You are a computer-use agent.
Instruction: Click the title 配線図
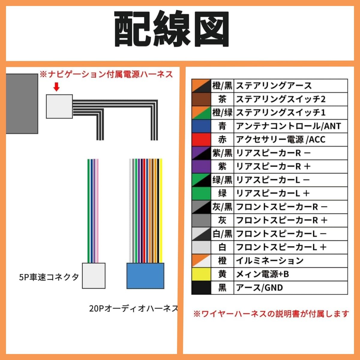pyautogui.click(x=172, y=29)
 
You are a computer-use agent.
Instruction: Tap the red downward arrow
pyautogui.click(x=56, y=87)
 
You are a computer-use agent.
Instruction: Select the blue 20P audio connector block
pyautogui.click(x=145, y=276)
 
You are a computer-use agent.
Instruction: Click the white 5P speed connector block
pyautogui.click(x=94, y=276)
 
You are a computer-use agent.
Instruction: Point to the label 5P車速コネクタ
pyautogui.click(x=49, y=277)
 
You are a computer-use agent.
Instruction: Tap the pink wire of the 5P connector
pyautogui.click(x=97, y=211)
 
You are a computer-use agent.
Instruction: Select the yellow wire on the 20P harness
pyautogui.click(x=161, y=211)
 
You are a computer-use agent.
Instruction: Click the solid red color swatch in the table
pyautogui.click(x=201, y=139)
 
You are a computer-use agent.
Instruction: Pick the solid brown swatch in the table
pyautogui.click(x=201, y=99)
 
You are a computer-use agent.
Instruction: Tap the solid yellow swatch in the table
pyautogui.click(x=201, y=274)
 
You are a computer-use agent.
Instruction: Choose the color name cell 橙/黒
pyautogui.click(x=222, y=86)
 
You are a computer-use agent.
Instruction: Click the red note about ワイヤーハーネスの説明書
pyautogui.click(x=271, y=314)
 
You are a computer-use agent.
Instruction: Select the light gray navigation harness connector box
pyautogui.click(x=59, y=106)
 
